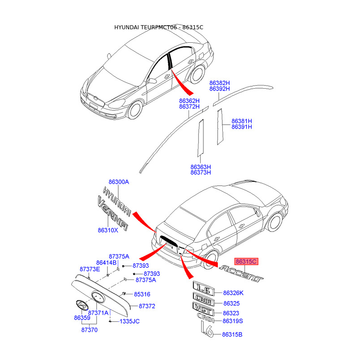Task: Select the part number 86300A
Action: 119,182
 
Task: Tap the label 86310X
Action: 108,230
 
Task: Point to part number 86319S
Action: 233,321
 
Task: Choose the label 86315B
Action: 232,334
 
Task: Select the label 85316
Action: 142,294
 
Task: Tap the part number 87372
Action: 147,306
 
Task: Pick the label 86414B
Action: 106,262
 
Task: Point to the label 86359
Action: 82,318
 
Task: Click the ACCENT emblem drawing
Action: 241,274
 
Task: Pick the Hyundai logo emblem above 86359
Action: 81,305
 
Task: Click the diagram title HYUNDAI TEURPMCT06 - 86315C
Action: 158,27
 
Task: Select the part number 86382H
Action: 220,83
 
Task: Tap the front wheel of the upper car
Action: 135,110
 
